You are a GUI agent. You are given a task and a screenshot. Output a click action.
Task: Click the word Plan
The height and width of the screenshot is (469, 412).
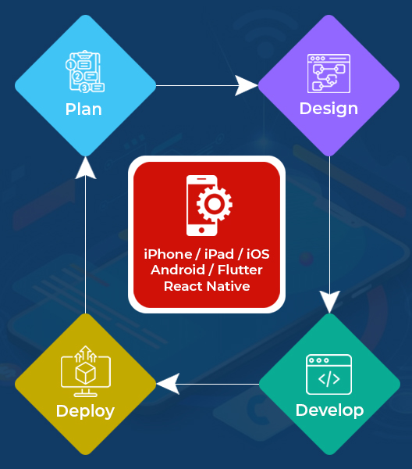point(83,109)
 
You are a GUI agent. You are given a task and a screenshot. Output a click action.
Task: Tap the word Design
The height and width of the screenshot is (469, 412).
point(329,109)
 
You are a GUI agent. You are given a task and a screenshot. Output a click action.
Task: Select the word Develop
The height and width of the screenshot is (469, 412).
point(329,410)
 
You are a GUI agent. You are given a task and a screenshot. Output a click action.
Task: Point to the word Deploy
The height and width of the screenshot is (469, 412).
point(85,411)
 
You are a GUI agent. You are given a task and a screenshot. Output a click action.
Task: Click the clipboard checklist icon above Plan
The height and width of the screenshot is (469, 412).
point(85,71)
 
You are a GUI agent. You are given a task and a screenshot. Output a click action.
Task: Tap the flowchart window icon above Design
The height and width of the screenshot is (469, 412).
point(329,73)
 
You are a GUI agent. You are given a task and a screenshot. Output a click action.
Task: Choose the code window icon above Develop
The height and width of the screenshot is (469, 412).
point(329,374)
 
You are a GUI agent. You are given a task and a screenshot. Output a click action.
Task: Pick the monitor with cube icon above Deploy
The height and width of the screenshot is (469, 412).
point(86,371)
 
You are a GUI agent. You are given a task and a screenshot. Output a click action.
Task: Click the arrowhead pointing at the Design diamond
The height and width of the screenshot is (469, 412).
point(247,85)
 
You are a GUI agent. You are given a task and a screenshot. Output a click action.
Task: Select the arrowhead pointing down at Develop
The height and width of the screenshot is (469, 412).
point(329,302)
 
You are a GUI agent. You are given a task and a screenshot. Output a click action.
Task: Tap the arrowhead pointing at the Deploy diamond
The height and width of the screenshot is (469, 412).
point(168,384)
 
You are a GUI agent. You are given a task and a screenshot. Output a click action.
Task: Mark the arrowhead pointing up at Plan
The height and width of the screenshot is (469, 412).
point(86,168)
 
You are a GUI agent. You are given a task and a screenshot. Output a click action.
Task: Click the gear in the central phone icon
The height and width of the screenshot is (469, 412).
point(215,204)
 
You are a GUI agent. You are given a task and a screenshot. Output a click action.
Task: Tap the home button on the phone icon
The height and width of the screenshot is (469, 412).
point(201,230)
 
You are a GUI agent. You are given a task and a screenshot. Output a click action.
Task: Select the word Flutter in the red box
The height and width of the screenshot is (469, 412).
point(240,270)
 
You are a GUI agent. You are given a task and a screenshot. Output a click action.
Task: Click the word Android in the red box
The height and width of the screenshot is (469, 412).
point(178,270)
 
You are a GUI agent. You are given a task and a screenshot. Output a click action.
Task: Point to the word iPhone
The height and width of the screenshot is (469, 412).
point(168,254)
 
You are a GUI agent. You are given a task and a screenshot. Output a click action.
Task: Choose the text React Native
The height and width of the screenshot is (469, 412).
point(207,286)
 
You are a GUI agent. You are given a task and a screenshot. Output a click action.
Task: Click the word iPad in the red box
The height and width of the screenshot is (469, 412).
point(219,254)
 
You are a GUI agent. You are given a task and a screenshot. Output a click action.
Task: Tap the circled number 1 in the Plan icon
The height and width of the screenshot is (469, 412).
point(70,65)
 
